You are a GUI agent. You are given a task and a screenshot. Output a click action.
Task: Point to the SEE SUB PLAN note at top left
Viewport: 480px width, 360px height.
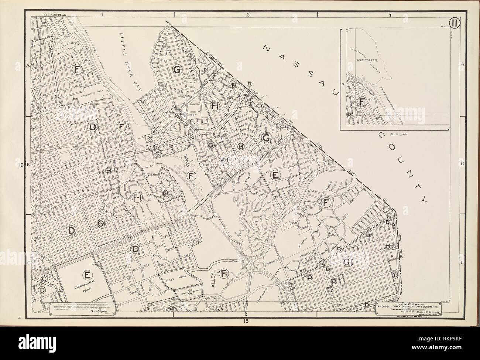pos(54,15)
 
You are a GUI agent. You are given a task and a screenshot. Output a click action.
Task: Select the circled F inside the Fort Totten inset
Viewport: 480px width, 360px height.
pos(362,101)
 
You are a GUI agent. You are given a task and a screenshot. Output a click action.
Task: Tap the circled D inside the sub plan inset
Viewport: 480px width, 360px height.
pos(349,114)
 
